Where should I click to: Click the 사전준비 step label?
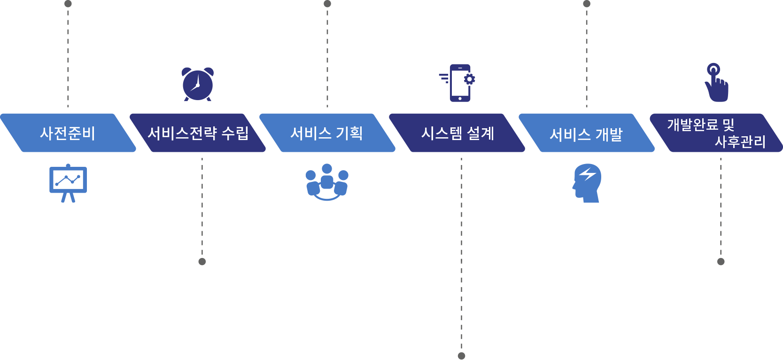point(68,133)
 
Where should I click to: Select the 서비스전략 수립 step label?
point(198,133)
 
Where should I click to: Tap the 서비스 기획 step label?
point(326,133)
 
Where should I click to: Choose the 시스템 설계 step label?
point(457,133)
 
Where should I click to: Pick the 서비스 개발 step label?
point(586,135)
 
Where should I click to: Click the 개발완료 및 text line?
point(700,125)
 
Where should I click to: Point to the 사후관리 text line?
point(740,141)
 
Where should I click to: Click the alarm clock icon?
point(197,84)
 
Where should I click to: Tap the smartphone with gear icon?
point(457,83)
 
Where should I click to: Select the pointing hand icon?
point(716,83)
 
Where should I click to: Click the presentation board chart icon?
point(68,183)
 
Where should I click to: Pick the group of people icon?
point(327,182)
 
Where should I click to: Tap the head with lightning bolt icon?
point(587,183)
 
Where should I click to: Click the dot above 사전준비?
point(68,4)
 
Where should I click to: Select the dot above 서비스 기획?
point(327,4)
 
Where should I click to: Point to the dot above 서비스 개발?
point(587,4)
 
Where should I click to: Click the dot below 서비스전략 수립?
point(202,262)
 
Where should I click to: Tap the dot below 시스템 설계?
point(461,356)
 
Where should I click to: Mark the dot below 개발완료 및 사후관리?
point(721,262)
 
